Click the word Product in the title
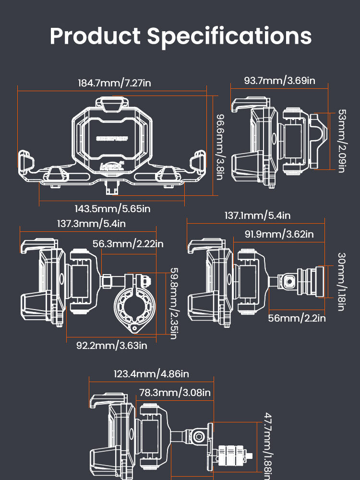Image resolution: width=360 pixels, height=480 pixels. pos(95,36)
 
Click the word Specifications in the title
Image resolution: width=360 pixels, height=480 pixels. pos(229,36)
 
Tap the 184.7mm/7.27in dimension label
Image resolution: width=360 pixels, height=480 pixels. pos(114,83)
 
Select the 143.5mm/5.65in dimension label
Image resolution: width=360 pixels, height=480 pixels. pos(112,209)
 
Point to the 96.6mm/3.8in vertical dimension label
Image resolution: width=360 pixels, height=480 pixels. pos(219,147)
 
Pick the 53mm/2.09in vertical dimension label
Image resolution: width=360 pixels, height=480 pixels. pos(341,141)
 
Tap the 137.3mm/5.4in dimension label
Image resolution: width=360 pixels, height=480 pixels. pos(91,224)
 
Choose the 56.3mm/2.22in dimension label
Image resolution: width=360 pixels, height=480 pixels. pos(125,243)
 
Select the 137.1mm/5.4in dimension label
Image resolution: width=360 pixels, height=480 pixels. pos(257,216)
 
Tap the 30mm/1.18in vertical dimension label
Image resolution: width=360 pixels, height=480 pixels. pos(341,281)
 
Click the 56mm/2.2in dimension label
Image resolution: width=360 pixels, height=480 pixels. pos(297,318)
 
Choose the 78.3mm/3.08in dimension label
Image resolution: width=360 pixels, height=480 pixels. pos(175,393)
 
